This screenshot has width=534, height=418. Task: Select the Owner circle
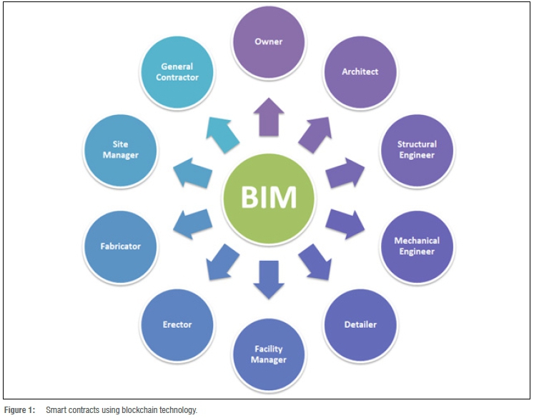pyautogui.click(x=268, y=42)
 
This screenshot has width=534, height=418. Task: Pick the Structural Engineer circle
pyautogui.click(x=416, y=149)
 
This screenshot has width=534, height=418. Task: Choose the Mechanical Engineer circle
pyautogui.click(x=416, y=246)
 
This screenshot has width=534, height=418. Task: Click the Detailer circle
pyautogui.click(x=360, y=324)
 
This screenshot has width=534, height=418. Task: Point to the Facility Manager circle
pyautogui.click(x=268, y=354)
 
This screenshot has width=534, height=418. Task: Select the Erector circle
pyautogui.click(x=177, y=324)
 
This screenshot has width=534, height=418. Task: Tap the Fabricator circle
pyautogui.click(x=120, y=246)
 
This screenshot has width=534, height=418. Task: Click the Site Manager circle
pyautogui.click(x=120, y=149)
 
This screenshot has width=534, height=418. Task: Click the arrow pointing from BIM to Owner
pyautogui.click(x=268, y=116)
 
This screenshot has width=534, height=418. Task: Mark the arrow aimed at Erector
pyautogui.click(x=222, y=261)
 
